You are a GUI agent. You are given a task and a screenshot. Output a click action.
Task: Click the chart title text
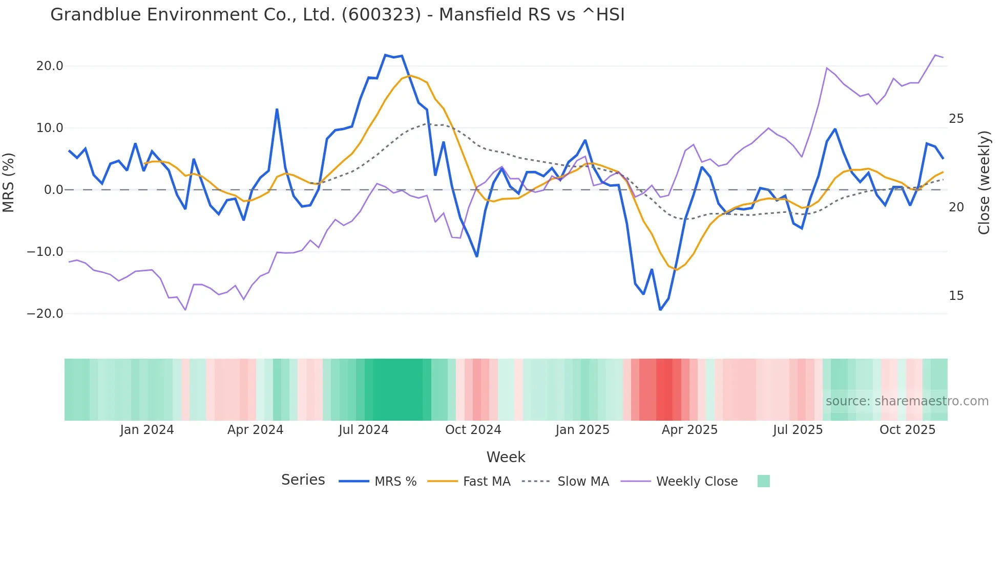click(x=337, y=15)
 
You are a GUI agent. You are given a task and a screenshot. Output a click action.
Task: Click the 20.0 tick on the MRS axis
click(x=50, y=66)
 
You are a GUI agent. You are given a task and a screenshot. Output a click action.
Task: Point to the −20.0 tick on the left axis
click(x=45, y=314)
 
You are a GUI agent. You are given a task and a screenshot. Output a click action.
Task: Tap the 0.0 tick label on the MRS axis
click(x=54, y=190)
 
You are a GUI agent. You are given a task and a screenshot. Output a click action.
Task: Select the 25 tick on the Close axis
click(x=956, y=119)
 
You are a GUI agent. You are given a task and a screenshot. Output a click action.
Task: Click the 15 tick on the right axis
click(x=956, y=296)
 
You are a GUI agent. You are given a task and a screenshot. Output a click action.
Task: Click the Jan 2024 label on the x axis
click(x=147, y=430)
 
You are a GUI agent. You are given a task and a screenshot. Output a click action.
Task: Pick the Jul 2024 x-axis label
click(x=363, y=430)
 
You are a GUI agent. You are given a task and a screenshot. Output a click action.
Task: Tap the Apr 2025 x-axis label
click(x=689, y=430)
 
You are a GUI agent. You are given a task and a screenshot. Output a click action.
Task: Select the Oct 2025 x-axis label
click(x=907, y=430)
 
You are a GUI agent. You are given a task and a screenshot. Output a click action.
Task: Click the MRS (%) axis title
click(x=9, y=183)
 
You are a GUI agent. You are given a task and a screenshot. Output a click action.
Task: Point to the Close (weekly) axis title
click(x=984, y=183)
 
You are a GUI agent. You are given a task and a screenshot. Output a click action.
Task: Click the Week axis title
click(x=506, y=457)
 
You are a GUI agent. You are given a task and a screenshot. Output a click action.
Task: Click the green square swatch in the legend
click(x=763, y=481)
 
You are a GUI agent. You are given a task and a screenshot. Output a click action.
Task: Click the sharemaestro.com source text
click(x=907, y=401)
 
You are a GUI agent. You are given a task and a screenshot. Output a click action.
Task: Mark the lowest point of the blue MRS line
click(x=660, y=310)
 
